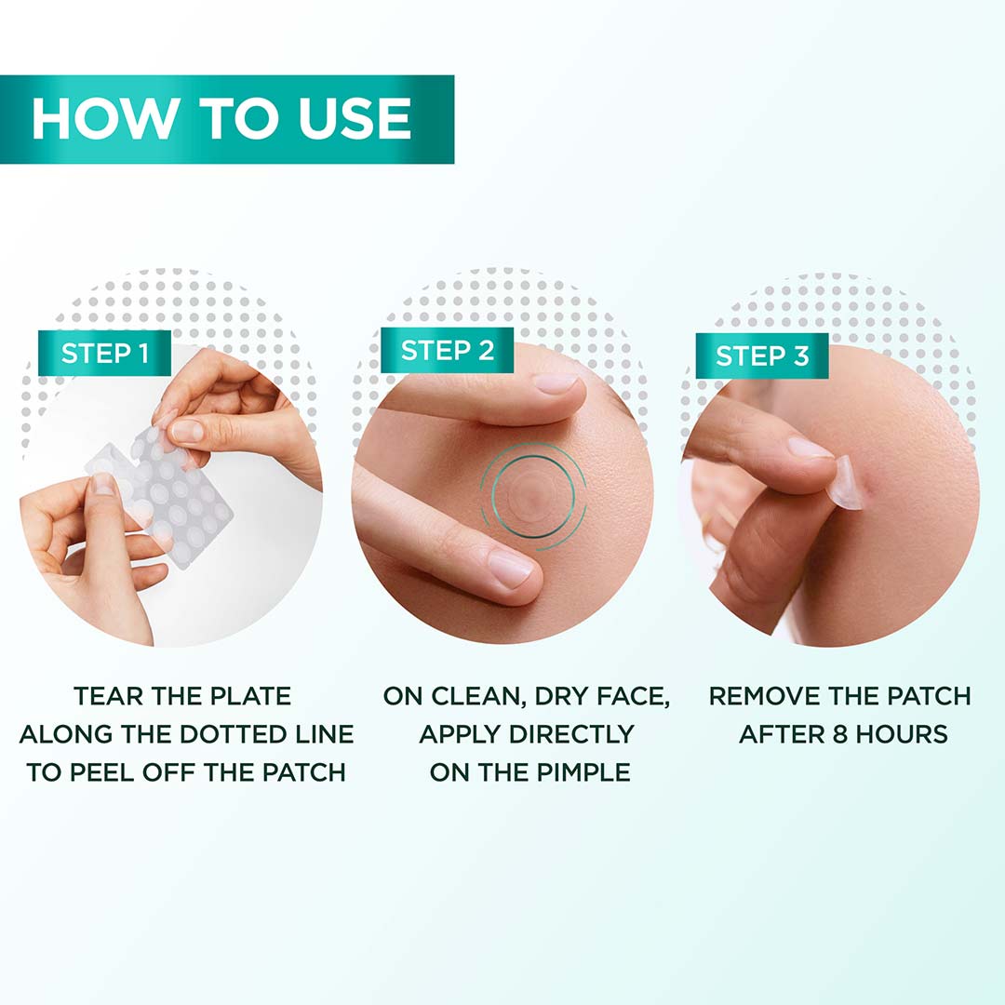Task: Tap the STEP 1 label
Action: pos(104,353)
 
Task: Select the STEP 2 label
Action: pos(448,351)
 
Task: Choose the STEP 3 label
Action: pos(761,355)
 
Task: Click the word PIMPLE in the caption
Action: pos(576,772)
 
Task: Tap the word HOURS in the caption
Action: pos(898,734)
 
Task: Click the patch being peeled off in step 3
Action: pos(845,484)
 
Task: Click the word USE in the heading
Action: pos(355,119)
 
